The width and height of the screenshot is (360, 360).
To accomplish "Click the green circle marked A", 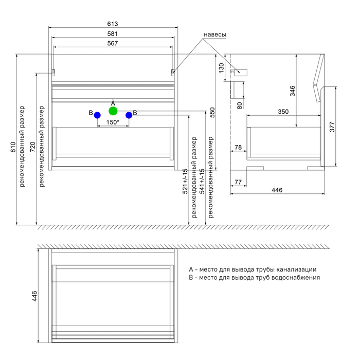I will click(113, 111).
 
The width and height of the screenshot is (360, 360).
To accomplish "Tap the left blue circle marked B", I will click(97, 115).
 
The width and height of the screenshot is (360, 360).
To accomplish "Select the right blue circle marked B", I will click(129, 115).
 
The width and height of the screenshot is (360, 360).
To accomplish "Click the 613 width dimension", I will click(113, 24).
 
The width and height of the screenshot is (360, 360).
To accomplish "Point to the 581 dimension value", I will click(113, 34).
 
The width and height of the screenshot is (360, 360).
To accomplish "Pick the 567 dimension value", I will click(113, 44).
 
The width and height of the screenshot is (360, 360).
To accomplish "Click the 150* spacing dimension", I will click(113, 122).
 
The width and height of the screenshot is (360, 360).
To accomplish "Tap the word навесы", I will click(215, 34).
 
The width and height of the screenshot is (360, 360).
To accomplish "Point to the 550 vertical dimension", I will click(212, 113).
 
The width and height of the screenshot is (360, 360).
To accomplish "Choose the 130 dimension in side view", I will click(222, 67).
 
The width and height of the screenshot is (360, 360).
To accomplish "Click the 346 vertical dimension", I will click(293, 92).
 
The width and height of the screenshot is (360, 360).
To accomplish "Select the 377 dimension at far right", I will click(332, 127).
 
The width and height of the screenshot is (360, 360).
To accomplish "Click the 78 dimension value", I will click(238, 148).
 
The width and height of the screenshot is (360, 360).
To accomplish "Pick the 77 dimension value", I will click(238, 182).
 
